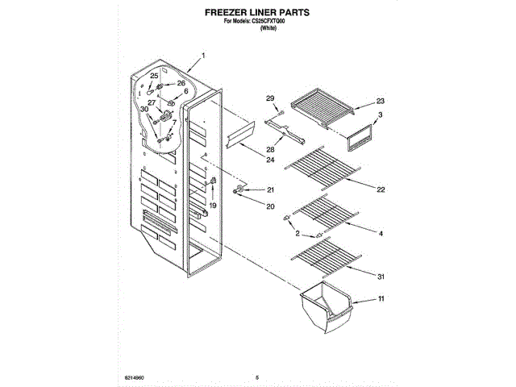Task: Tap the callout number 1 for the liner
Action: click(204, 56)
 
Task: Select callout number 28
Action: click(270, 149)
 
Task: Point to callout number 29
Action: click(271, 98)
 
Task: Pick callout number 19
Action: click(214, 206)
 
